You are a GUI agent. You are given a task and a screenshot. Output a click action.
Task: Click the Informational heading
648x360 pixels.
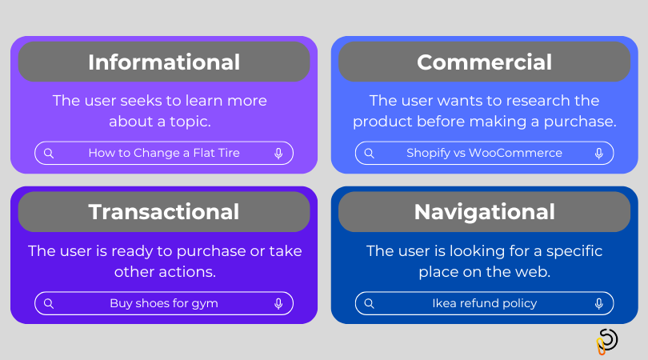tap(164, 62)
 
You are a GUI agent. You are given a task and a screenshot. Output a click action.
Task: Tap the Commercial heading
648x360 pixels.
tap(484, 62)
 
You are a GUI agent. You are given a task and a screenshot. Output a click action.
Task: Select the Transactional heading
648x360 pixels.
tap(164, 212)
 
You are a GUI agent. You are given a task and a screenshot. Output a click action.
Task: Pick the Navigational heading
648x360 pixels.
tap(484, 212)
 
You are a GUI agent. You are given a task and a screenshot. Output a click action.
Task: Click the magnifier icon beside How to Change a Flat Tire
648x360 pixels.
tap(49, 153)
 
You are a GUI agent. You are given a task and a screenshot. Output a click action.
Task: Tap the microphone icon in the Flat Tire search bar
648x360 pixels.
tap(278, 153)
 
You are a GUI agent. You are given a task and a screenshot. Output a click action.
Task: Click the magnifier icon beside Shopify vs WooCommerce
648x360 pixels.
tap(369, 153)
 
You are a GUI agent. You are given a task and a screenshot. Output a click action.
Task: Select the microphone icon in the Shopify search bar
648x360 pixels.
tap(598, 153)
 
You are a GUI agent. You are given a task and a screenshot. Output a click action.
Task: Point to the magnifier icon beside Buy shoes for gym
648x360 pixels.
tap(49, 303)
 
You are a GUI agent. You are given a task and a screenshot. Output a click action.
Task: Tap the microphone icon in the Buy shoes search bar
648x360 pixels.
tap(278, 303)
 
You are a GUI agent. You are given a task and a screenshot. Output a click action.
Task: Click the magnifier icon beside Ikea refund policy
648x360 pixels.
tap(369, 303)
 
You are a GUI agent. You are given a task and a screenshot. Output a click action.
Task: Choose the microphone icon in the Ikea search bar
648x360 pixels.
tap(598, 303)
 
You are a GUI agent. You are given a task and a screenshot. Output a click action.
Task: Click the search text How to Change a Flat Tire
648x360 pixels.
tap(164, 153)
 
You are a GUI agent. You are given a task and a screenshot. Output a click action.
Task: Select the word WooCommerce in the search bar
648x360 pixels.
tap(516, 153)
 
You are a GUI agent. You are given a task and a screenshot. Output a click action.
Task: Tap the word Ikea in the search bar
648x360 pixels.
tap(444, 303)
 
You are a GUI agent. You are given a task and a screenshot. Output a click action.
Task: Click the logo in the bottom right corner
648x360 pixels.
tap(607, 341)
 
